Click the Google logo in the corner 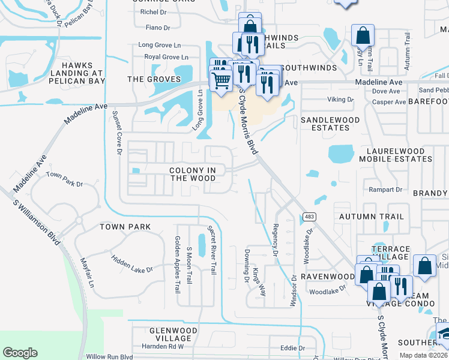click(20, 352)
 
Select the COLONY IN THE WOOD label click(193, 174)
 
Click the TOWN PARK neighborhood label click(125, 227)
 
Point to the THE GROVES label click(154, 79)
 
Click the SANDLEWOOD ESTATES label click(330, 124)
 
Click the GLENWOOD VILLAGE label click(170, 334)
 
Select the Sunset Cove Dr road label click(118, 135)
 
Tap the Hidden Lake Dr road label click(133, 262)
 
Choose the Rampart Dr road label click(387, 190)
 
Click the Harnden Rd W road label click(162, 346)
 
